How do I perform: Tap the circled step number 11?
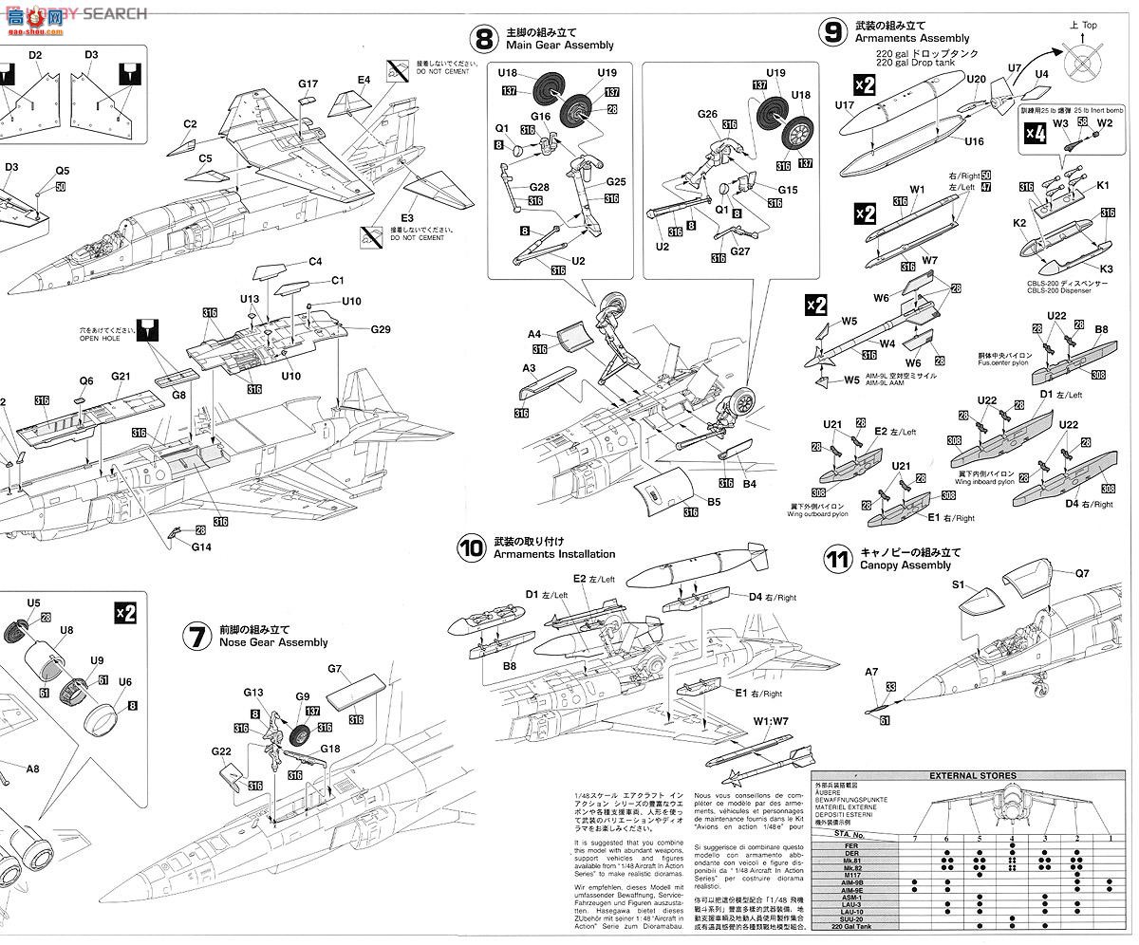click(836, 559)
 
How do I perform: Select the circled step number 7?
click(196, 637)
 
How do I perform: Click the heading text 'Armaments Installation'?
click(554, 554)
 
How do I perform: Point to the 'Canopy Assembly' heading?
click(905, 565)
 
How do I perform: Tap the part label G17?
click(308, 84)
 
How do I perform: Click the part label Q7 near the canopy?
click(1082, 573)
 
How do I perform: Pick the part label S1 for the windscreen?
click(958, 584)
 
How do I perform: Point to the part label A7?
click(871, 673)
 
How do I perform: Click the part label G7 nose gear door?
click(334, 669)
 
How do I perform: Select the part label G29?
click(381, 329)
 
